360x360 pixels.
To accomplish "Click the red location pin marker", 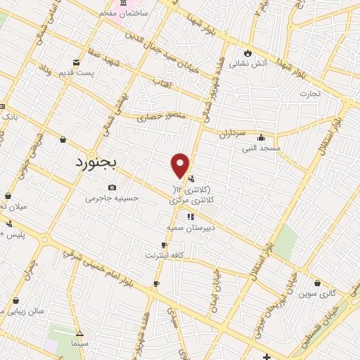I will pyautogui.click(x=181, y=165).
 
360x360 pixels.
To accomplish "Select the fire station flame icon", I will pyautogui.click(x=247, y=53).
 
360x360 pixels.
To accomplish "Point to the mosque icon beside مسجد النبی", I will pyautogui.click(x=261, y=138).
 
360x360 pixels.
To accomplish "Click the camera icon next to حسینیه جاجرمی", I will pyautogui.click(x=112, y=187).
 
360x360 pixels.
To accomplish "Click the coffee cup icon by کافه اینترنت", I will pyautogui.click(x=164, y=244).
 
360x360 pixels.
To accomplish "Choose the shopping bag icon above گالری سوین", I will pyautogui.click(x=318, y=283).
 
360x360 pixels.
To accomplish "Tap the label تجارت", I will pyautogui.click(x=309, y=93).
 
